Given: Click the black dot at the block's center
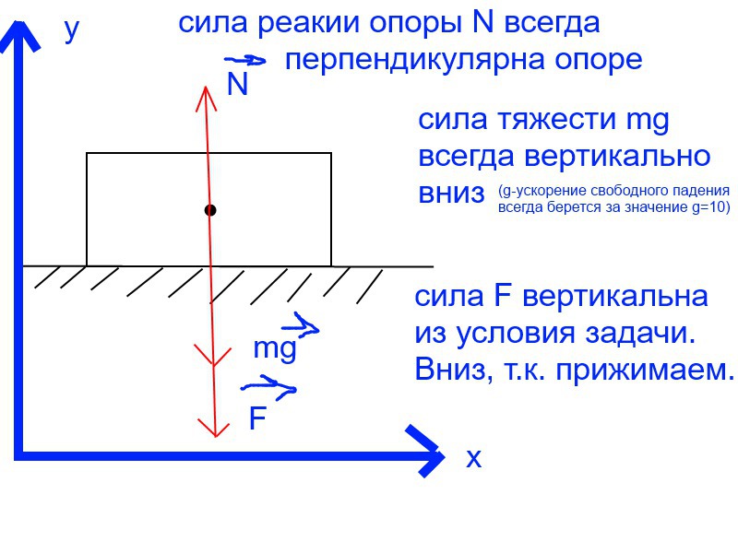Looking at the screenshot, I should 210,211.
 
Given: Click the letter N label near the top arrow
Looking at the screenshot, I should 237,86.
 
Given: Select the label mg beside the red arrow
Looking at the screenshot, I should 274,348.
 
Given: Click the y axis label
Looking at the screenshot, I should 71,29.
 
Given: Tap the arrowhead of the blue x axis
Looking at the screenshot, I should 429,452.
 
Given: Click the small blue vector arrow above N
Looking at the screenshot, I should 245,61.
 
